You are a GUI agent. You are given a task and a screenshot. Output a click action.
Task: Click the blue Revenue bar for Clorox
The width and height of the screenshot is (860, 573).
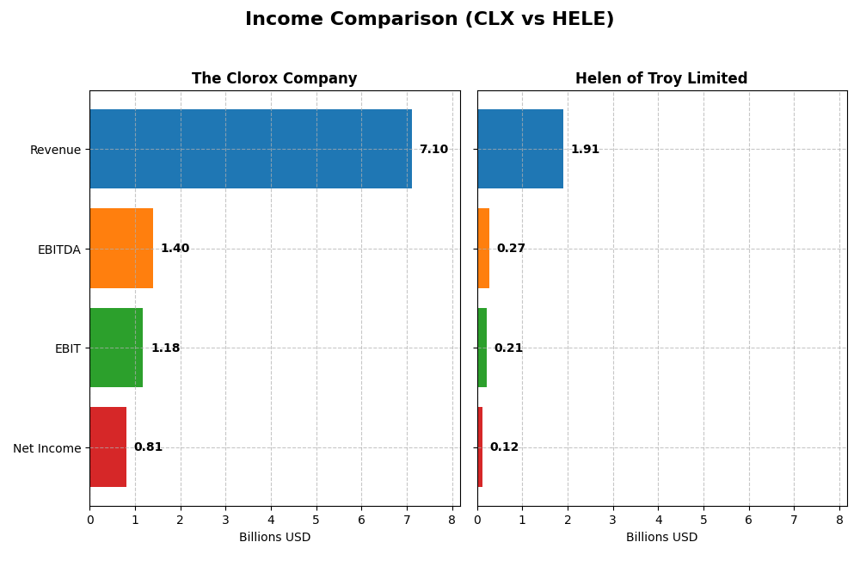250,149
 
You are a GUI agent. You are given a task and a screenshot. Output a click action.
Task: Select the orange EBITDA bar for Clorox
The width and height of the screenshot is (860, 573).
121,248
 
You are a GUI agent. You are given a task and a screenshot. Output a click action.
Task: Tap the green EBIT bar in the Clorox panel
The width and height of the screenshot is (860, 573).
116,348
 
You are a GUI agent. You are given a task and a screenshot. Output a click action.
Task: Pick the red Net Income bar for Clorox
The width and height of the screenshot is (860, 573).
107,447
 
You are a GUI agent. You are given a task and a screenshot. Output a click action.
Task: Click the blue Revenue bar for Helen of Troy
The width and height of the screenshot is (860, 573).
520,149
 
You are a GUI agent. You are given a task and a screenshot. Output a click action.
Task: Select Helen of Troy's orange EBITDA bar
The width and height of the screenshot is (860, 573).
483,248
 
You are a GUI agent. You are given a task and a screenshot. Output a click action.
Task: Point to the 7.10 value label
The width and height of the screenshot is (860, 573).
433,150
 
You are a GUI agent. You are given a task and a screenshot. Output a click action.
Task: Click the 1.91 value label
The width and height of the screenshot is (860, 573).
585,150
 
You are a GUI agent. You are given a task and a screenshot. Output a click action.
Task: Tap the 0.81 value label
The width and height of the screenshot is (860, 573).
148,447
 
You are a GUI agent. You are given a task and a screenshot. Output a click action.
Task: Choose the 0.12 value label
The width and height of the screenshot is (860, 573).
504,447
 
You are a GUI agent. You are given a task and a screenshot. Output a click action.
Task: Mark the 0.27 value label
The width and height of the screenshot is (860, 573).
511,249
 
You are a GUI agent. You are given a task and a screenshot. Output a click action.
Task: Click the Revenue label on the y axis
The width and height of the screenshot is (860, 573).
55,150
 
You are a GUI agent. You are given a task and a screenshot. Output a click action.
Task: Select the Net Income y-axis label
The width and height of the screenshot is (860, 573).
47,448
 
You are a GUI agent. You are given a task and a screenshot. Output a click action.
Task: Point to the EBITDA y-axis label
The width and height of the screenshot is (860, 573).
59,250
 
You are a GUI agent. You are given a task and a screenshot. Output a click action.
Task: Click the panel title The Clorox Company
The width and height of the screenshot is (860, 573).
274,79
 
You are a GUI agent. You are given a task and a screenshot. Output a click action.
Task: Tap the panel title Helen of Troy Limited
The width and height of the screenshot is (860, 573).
661,79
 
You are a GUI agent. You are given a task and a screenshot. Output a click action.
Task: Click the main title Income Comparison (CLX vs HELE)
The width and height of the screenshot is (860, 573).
429,20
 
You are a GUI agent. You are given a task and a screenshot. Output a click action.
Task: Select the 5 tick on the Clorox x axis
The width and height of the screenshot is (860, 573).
316,520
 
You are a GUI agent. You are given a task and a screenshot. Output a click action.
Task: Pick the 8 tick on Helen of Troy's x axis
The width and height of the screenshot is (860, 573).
839,520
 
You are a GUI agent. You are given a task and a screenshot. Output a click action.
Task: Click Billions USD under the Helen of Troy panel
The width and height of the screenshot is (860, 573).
661,538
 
